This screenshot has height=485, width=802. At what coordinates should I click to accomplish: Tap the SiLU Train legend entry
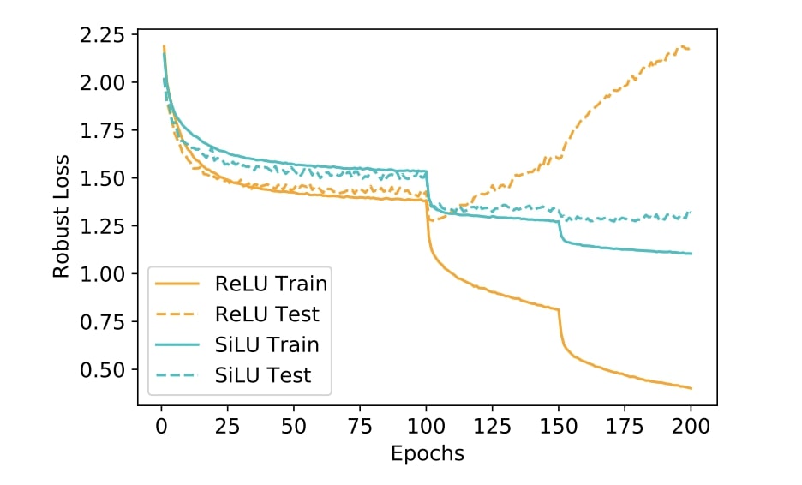pos(266,344)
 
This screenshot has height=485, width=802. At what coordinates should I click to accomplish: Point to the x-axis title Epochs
pos(427,453)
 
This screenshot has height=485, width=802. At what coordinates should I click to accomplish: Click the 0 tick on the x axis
pos(160,427)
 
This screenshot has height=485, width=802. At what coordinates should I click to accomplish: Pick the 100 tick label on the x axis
pos(427,427)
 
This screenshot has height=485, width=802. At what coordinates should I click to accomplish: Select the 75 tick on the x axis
pos(360,427)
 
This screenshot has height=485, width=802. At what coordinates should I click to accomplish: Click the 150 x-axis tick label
pos(560,427)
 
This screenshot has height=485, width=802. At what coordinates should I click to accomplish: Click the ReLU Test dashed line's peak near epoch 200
pos(685,46)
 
